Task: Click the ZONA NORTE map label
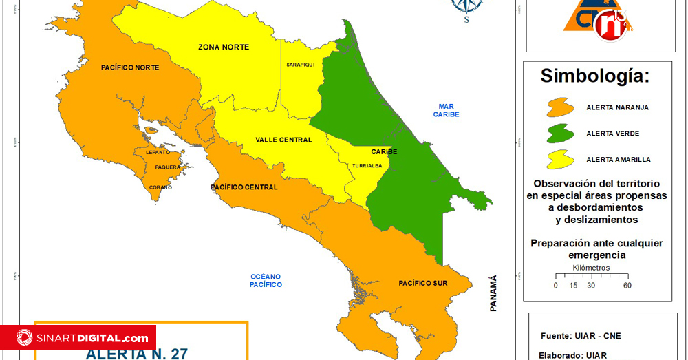pos(224,47)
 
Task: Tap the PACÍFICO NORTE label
pos(130,67)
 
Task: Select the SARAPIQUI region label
pos(300,65)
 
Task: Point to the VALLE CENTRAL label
pos(283,140)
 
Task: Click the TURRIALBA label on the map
pos(367,166)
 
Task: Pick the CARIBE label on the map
pos(384,151)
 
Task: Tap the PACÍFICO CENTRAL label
pos(244,187)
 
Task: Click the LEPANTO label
pos(158,152)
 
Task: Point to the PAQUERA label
pos(168,167)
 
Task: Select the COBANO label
pos(161,187)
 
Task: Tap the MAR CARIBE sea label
pos(446,110)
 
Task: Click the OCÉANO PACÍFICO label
pos(266,280)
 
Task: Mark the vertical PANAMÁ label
pos(493,293)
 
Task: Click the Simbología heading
pos(594,76)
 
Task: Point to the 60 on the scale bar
pos(627,285)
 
